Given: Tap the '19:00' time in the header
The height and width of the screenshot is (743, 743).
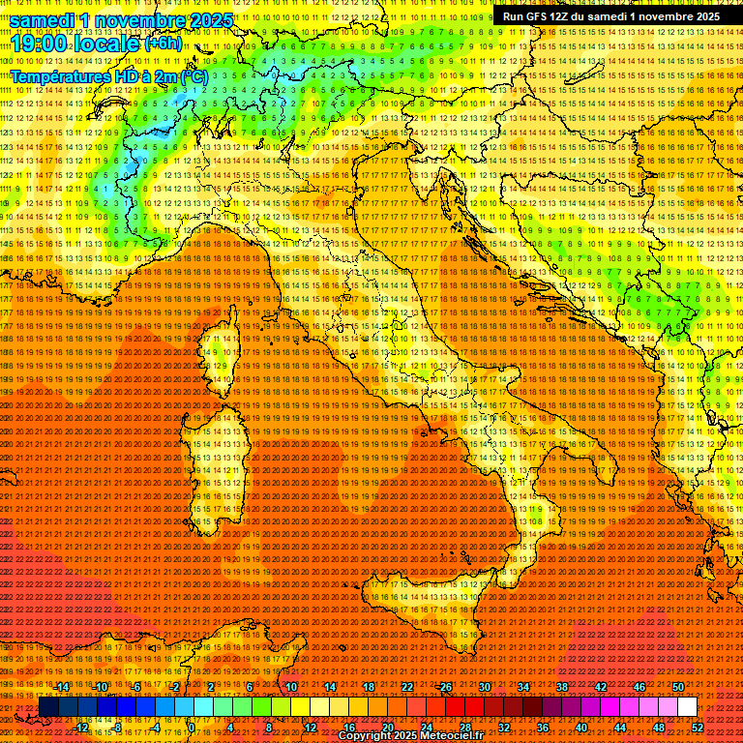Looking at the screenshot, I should [37, 43].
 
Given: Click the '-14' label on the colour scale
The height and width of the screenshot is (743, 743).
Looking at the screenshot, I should [61, 687].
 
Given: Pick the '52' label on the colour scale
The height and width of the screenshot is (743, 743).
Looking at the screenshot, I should [698, 728].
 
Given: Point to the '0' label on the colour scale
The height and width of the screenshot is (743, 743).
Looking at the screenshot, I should [192, 728].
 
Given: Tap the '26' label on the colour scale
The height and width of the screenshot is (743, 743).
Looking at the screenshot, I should [445, 687].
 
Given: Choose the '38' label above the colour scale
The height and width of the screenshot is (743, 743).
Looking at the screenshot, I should [561, 687].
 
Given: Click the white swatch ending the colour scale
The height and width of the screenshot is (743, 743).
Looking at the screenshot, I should [687, 707].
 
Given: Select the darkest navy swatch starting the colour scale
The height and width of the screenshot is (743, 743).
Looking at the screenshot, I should [48, 707].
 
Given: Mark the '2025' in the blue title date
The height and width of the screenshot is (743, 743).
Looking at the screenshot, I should [210, 20].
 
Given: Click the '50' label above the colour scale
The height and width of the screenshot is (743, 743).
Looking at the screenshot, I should [677, 687].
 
